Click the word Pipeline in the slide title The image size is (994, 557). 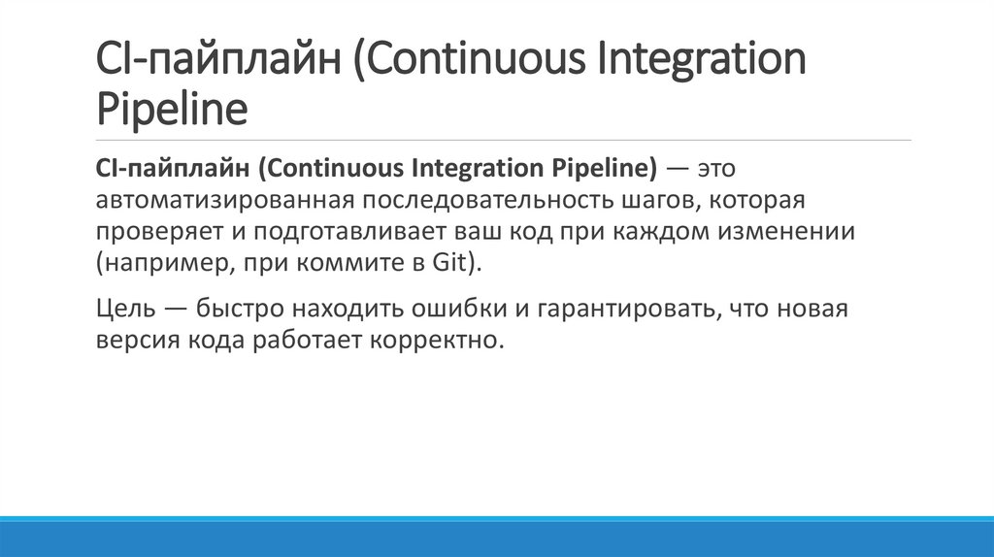coord(171,109)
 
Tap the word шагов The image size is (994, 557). coord(661,201)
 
